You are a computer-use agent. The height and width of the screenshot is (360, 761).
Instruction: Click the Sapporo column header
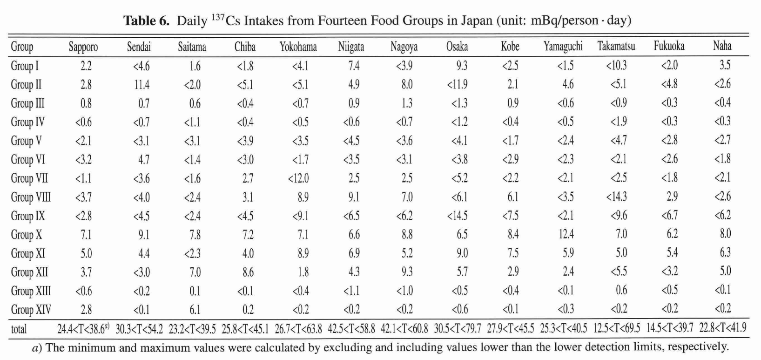[83, 47]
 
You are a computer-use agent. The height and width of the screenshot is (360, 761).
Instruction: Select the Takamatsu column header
[616, 47]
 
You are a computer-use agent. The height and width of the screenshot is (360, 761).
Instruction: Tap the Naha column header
[722, 46]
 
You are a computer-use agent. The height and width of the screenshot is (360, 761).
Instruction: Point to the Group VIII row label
[31, 197]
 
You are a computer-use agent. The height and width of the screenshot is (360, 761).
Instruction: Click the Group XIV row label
[31, 310]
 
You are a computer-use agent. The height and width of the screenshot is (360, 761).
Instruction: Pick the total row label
[19, 329]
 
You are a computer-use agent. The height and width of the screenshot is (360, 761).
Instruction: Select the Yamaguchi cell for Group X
[566, 234]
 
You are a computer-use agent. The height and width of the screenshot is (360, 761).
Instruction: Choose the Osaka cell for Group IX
[457, 216]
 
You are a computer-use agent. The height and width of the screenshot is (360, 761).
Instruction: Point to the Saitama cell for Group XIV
[195, 310]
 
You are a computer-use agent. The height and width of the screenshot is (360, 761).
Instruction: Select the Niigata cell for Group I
[354, 66]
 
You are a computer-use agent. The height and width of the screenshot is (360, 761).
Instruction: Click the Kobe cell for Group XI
[513, 253]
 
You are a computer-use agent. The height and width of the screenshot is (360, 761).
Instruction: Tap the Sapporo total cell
[83, 329]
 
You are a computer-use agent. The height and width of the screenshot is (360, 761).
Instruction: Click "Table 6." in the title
[146, 21]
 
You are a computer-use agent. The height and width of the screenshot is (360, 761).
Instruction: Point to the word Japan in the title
[476, 21]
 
